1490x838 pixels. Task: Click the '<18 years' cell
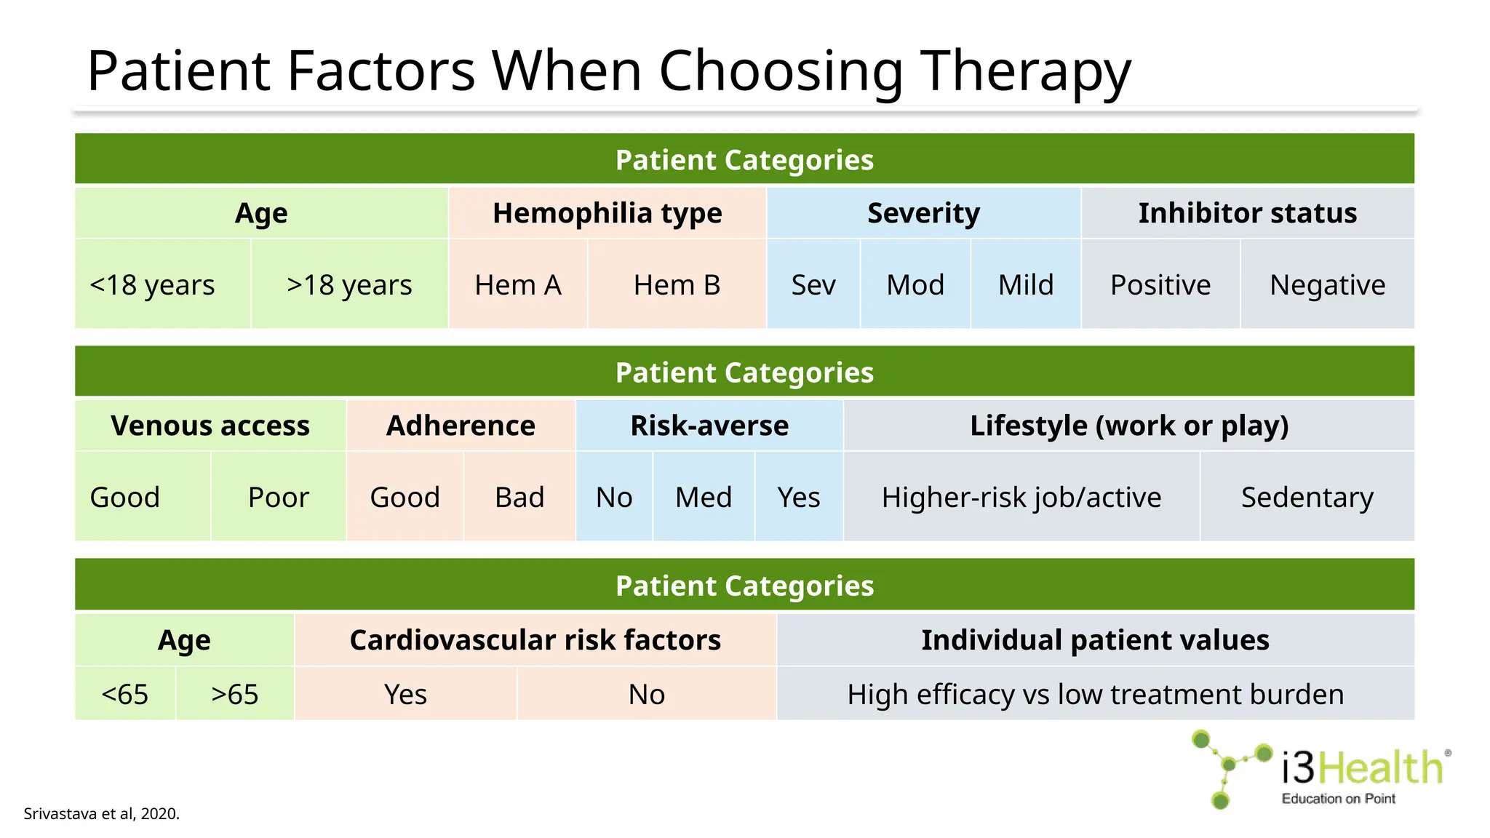[153, 284]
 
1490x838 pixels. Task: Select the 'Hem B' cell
[677, 284]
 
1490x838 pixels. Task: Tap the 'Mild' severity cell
[1025, 284]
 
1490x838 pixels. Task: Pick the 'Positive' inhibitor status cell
[1160, 284]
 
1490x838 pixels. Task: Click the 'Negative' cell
[1327, 284]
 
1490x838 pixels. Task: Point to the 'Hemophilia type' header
[607, 213]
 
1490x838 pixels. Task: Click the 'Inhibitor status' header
[1247, 213]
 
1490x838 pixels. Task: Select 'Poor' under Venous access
[278, 497]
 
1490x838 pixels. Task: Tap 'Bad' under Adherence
[519, 497]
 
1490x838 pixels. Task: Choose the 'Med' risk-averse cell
[703, 497]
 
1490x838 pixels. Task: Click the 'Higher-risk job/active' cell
[1021, 497]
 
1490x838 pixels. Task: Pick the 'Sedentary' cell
[1307, 497]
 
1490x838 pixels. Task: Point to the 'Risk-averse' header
[709, 426]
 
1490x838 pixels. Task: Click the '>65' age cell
[234, 694]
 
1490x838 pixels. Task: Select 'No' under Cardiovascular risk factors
[646, 694]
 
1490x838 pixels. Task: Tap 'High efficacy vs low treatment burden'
[1095, 694]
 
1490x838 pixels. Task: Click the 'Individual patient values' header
[1095, 640]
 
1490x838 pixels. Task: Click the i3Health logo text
[1362, 768]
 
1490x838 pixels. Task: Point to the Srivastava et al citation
[101, 813]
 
